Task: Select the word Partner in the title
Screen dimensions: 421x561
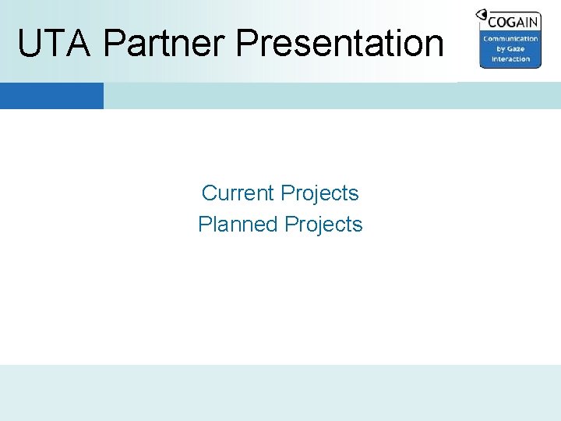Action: click(x=164, y=44)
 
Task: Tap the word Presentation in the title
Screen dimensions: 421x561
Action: click(x=340, y=44)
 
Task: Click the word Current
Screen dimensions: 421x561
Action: click(x=238, y=193)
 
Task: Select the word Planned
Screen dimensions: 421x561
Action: click(x=238, y=225)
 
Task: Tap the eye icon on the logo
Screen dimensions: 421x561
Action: click(x=482, y=15)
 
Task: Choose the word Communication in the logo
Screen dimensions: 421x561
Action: click(x=510, y=39)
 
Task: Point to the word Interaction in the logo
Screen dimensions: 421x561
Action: click(x=510, y=59)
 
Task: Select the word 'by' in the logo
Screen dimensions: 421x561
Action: click(x=501, y=49)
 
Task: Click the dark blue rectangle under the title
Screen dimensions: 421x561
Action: click(x=51, y=96)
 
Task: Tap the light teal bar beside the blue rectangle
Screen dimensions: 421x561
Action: click(x=327, y=96)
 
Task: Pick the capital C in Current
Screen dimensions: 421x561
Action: click(x=209, y=193)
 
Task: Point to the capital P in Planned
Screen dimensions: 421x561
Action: click(x=205, y=225)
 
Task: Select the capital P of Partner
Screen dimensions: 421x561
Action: click(x=114, y=44)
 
